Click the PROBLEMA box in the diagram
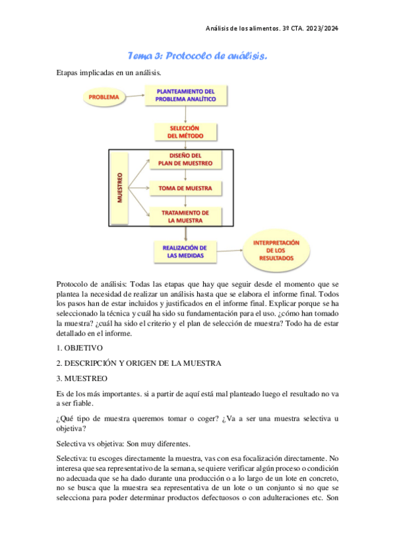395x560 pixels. pos(104,97)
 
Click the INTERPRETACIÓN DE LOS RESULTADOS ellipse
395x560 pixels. pos(276,251)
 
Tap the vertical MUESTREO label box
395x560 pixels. pos(119,188)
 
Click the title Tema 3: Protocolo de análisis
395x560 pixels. pos(197,57)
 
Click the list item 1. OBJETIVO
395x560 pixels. pos(79,347)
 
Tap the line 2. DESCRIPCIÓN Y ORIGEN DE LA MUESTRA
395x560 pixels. pos(138,363)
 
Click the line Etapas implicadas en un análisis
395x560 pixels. pos(109,71)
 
